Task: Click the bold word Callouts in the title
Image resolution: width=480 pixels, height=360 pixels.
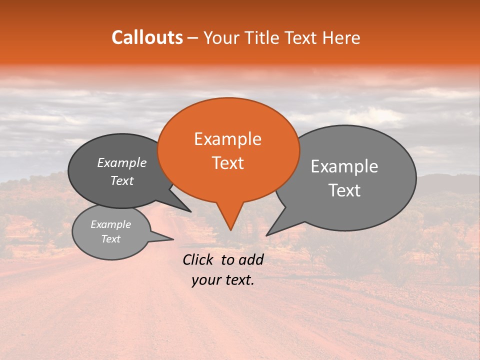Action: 147,37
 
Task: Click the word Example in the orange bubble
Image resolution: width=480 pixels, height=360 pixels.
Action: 227,139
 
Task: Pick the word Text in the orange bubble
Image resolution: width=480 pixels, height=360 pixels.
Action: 227,163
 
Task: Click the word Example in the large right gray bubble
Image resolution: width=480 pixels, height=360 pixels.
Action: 344,166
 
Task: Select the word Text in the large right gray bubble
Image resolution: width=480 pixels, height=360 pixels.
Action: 344,190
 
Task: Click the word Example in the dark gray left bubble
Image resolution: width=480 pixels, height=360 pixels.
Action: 121,162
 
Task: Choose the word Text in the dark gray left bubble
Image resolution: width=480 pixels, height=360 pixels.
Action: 121,180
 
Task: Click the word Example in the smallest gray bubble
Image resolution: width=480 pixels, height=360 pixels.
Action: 110,224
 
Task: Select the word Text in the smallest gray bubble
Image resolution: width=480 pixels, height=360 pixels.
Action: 110,239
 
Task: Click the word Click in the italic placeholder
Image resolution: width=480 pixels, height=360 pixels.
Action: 199,259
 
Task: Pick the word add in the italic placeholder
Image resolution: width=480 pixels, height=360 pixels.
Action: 251,259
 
